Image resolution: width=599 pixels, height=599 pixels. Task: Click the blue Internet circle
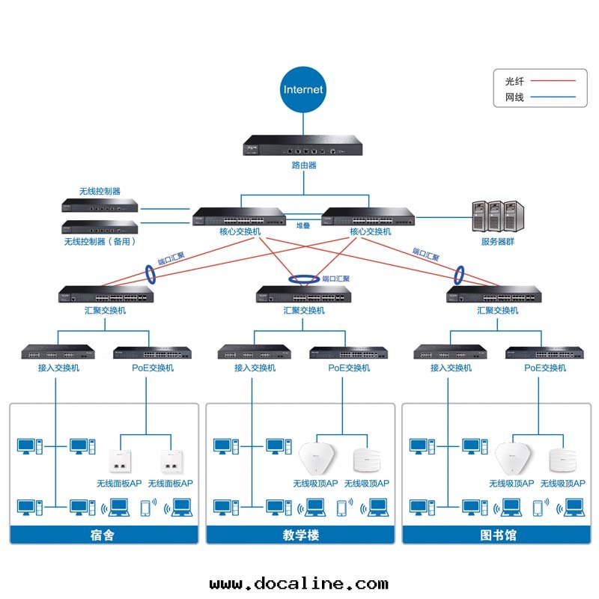point(303,89)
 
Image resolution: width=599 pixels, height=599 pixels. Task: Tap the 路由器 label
point(303,165)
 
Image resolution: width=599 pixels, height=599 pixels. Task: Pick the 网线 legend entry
point(514,97)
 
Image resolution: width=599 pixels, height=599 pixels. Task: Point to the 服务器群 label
point(497,242)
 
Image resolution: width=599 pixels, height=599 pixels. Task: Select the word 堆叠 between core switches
point(303,225)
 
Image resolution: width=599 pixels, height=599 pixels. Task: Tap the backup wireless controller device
point(100,228)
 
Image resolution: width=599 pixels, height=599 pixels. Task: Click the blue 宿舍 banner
point(104,535)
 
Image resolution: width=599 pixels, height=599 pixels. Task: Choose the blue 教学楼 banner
point(300,535)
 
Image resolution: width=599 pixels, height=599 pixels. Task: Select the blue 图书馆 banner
point(496,535)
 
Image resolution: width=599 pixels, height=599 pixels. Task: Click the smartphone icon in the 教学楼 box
point(342,508)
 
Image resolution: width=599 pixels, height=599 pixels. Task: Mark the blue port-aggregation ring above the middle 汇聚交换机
point(303,279)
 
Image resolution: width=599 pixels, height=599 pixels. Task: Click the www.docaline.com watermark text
point(299,583)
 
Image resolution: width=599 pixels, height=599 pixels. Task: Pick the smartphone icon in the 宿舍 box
point(145,508)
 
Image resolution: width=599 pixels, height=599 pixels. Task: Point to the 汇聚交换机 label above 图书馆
point(497,310)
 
